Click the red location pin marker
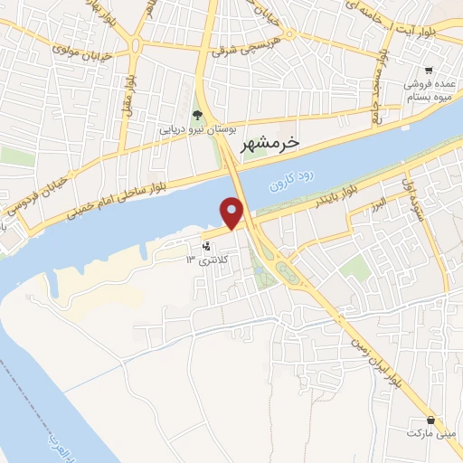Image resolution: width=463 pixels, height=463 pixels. coord(233,213)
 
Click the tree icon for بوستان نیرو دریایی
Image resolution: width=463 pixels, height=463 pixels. coord(198,113)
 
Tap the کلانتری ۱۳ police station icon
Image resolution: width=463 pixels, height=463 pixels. coord(208,246)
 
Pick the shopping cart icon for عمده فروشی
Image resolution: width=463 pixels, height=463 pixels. coord(430,70)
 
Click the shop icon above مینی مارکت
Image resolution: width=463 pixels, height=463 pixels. coord(430,420)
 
